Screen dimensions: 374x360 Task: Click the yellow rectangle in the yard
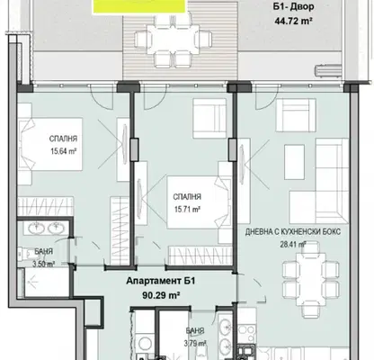139,6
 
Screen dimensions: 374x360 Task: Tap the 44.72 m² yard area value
294,21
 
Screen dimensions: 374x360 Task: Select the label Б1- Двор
294,7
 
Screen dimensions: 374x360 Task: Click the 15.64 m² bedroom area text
64,151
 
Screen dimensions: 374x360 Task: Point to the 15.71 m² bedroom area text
187,209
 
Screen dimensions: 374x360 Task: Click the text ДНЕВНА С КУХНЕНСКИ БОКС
293,232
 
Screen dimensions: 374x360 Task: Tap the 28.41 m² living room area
293,244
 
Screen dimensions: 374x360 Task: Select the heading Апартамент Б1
161,281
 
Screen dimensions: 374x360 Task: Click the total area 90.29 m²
161,295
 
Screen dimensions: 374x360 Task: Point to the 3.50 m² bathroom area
44,265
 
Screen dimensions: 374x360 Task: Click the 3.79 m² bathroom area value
195,343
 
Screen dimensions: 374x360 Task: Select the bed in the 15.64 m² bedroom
50,144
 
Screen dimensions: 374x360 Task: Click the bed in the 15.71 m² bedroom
198,202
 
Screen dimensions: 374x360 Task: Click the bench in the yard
328,71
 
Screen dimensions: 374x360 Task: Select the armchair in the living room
296,115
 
